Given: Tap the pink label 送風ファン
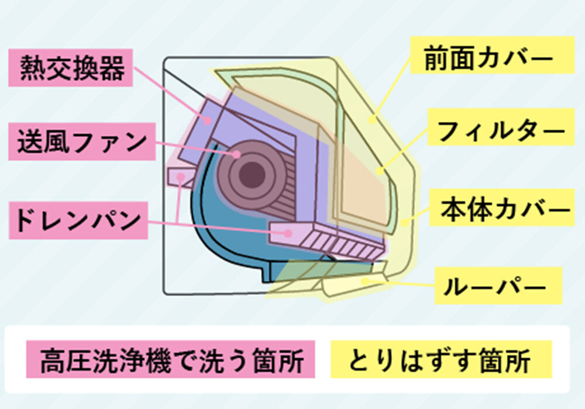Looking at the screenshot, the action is (x=82, y=141).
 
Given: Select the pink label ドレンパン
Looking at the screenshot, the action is (x=78, y=220).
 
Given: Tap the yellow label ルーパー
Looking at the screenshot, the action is (x=498, y=286).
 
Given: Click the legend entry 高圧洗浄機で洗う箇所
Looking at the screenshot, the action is (x=170, y=359).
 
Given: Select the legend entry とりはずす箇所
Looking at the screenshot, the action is (x=441, y=359).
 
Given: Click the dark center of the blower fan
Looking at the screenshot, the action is (x=252, y=175).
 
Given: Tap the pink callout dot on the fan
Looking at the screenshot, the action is (x=237, y=154).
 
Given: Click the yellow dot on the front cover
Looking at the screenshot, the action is (x=371, y=119).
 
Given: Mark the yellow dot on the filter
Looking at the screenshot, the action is (x=380, y=171).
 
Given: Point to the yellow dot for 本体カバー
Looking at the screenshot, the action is (x=404, y=223).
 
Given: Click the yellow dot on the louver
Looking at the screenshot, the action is (x=365, y=281).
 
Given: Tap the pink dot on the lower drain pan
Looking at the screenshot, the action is (x=288, y=233).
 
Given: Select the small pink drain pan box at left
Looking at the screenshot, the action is (x=181, y=176).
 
